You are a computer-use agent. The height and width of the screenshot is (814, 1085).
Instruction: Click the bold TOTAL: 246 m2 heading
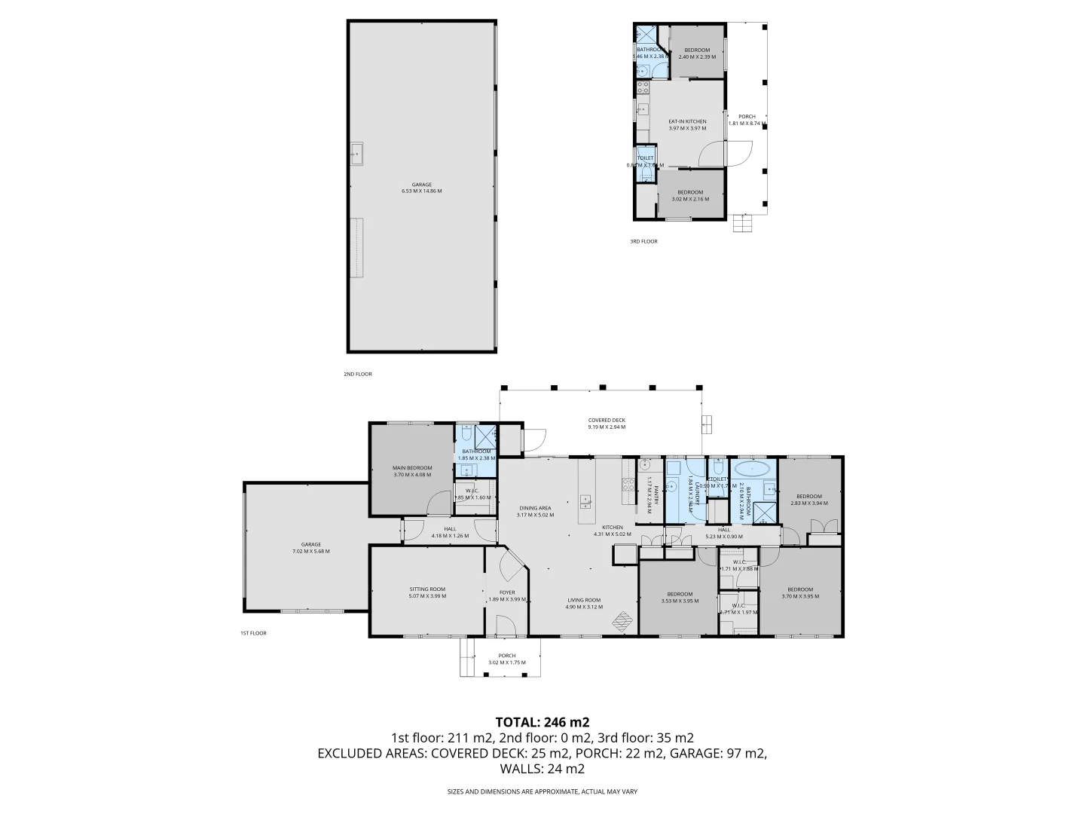coord(542,721)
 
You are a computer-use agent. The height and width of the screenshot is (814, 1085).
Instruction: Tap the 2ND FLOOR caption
coord(359,374)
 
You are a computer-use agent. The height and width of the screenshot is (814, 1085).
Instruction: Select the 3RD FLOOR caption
coord(643,241)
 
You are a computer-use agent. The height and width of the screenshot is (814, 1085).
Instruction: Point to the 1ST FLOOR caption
coord(253,633)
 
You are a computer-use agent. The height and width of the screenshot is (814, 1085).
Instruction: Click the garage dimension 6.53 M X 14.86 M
coord(422,191)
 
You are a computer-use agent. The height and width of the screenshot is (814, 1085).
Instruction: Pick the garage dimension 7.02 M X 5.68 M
coord(310,551)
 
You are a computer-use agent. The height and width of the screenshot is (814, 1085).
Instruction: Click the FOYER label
coord(506,592)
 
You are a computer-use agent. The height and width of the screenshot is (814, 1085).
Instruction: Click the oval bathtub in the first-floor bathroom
coord(753,467)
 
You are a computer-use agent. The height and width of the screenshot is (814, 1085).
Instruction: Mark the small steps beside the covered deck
coord(706,424)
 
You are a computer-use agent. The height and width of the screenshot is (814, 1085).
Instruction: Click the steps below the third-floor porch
coord(743,224)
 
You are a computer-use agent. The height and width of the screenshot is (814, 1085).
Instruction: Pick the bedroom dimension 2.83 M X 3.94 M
coord(808,503)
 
